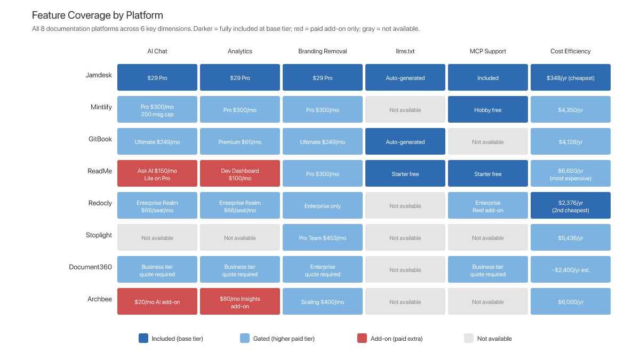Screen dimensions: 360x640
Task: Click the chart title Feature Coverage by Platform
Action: [98, 15]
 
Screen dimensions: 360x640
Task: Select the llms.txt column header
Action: [405, 51]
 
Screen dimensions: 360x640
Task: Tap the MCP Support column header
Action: [487, 51]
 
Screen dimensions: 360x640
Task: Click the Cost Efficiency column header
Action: [570, 51]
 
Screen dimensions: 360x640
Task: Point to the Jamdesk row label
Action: [99, 75]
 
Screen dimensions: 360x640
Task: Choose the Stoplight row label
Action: [99, 235]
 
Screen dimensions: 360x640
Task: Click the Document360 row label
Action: [90, 267]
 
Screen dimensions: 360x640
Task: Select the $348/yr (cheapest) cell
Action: [570, 78]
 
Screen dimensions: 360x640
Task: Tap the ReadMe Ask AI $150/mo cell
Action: [157, 174]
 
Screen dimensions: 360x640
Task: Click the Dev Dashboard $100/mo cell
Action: [240, 174]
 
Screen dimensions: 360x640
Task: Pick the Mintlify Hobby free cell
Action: [487, 110]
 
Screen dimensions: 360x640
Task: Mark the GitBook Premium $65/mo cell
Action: [240, 142]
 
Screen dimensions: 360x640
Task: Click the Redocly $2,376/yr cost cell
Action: [570, 206]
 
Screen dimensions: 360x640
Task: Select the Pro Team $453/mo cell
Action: [322, 238]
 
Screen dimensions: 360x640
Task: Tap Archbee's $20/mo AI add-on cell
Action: [157, 302]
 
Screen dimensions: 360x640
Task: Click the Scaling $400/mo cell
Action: [322, 302]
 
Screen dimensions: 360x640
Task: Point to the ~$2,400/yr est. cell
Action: [570, 270]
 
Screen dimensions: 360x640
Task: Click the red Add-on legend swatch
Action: [362, 338]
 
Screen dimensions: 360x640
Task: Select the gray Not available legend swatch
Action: [468, 338]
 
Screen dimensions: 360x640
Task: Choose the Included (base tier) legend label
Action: [177, 339]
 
